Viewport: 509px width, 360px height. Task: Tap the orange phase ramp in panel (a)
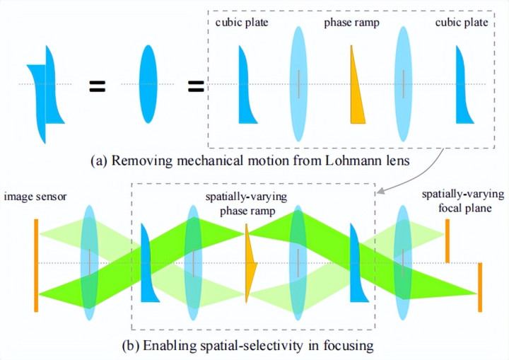pos(357,85)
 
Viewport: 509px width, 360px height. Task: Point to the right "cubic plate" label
pos(462,23)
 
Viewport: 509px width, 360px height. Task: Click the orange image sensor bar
pos(35,265)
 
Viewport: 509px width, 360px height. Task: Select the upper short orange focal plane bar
pos(447,240)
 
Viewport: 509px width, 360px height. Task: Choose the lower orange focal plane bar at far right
pos(480,287)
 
